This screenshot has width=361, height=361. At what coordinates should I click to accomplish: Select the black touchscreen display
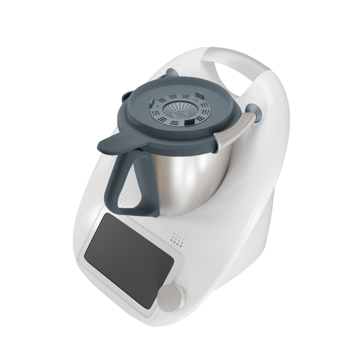tap(129, 259)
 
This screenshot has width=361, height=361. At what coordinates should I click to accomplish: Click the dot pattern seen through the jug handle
tap(124, 197)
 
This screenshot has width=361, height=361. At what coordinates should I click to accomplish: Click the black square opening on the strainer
tap(188, 123)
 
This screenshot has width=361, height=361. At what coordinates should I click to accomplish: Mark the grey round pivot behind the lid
tap(172, 73)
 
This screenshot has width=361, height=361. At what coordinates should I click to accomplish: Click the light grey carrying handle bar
tap(241, 60)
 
